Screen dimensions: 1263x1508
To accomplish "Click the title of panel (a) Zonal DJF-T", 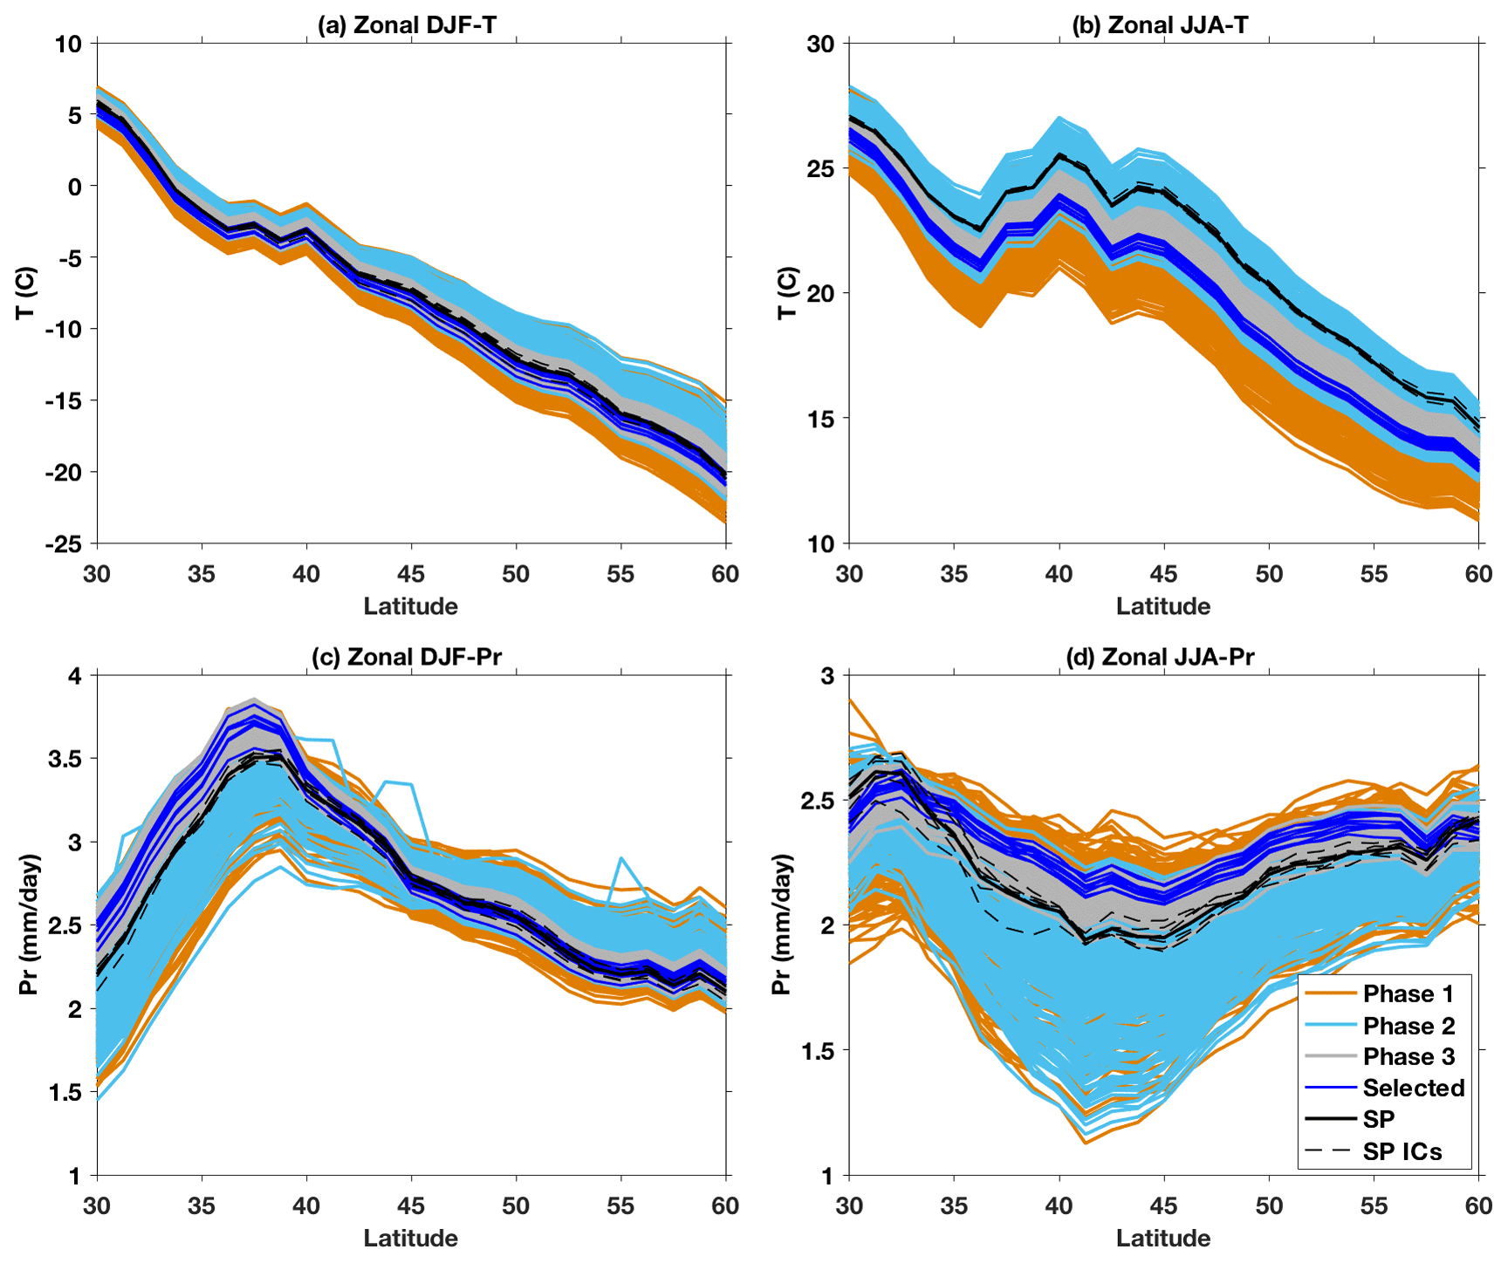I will (407, 25).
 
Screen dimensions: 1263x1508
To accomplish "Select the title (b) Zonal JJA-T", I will (1160, 25).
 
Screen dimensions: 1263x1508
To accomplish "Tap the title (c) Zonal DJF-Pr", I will (407, 657).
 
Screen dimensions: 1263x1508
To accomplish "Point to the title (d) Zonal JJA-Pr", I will (1160, 657).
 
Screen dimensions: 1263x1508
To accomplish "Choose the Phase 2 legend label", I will (1409, 1026).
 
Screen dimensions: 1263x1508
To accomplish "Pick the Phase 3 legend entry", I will (1409, 1057).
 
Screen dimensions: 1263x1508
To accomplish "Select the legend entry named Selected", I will (1413, 1089).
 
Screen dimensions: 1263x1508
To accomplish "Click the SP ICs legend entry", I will (1402, 1152).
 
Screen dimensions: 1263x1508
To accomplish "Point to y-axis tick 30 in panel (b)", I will (820, 44).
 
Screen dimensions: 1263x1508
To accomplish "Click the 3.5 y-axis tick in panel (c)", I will (67, 759).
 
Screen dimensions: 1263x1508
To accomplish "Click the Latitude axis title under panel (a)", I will (410, 606).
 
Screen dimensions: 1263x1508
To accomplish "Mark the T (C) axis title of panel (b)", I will (787, 292).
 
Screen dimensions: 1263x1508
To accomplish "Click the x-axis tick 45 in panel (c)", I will (411, 1206).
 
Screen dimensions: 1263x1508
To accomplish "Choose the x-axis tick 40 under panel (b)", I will (1059, 574).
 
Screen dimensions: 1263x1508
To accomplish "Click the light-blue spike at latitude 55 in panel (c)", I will (620, 859).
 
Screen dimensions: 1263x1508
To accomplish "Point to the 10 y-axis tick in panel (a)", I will (68, 44).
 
